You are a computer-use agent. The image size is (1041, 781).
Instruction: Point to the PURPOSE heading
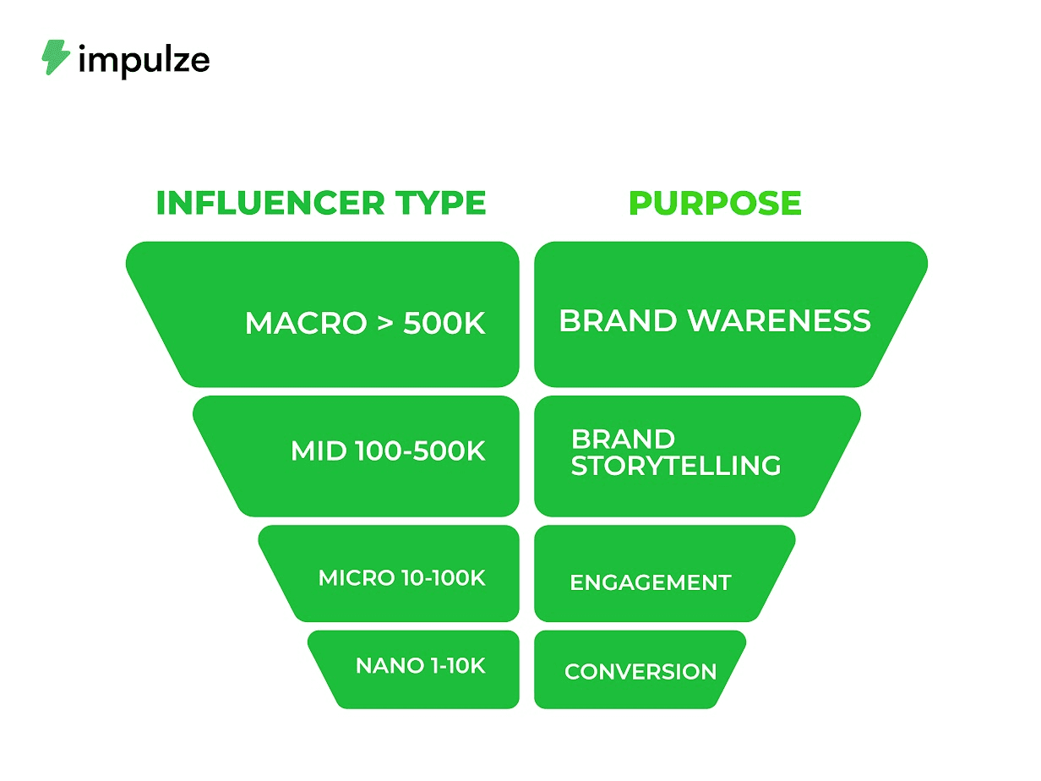click(x=715, y=203)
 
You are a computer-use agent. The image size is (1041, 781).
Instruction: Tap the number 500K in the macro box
click(x=444, y=324)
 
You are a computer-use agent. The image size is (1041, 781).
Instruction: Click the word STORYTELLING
click(x=675, y=466)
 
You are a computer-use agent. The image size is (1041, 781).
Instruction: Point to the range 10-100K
click(x=441, y=578)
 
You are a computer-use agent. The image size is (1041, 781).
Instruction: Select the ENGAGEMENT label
click(x=650, y=582)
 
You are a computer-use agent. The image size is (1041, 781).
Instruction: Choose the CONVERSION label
click(x=640, y=672)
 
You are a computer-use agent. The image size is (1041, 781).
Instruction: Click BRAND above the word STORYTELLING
click(x=623, y=440)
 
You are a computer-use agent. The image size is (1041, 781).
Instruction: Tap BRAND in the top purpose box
click(x=618, y=321)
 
